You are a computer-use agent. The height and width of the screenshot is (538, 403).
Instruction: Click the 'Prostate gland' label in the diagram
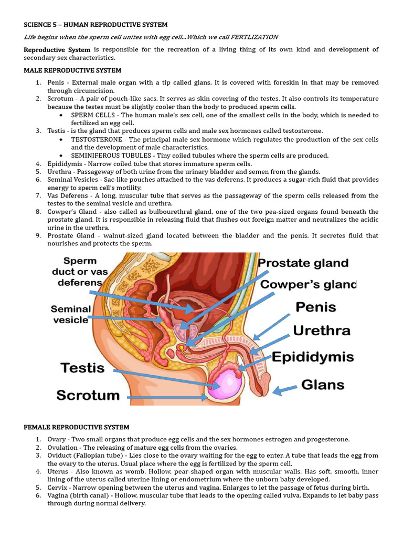tap(303, 263)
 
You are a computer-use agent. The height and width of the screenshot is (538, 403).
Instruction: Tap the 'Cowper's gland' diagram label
tap(308, 284)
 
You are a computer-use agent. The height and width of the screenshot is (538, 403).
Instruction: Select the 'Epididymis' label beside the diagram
tap(312, 357)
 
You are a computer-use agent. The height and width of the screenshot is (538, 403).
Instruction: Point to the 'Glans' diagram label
tap(323, 385)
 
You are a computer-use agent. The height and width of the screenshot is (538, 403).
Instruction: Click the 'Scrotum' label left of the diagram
tap(88, 395)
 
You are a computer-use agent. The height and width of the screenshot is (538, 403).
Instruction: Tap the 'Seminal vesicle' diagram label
tap(71, 314)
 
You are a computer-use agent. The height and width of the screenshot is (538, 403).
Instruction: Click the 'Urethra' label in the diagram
tap(321, 331)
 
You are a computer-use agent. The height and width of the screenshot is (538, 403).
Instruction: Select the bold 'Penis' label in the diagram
tap(316, 306)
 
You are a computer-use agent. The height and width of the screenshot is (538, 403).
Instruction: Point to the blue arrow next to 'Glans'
tap(284, 389)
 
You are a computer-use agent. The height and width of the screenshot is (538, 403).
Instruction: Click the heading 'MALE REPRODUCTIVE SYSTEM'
tap(72, 70)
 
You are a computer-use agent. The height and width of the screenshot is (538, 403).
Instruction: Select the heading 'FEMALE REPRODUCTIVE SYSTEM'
tap(77, 427)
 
